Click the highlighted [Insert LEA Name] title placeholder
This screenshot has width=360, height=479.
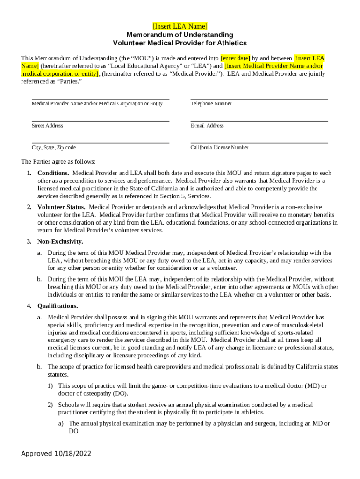pos(180,26)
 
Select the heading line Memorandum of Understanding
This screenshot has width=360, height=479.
pos(180,35)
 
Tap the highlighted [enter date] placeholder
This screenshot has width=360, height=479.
pos(235,58)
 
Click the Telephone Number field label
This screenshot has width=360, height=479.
pos(211,103)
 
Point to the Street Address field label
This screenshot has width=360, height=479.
pos(47,126)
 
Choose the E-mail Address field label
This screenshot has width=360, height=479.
pos(207,126)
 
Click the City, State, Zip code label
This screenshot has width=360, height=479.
pos(53,148)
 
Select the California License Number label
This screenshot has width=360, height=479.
pos(219,148)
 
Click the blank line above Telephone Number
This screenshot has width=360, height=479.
pos(259,99)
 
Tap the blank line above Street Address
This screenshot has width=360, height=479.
pos(100,121)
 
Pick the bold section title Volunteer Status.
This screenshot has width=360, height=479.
pos(61,207)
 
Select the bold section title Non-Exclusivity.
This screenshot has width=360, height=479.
pos(60,241)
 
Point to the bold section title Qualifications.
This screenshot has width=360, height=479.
pos(58,306)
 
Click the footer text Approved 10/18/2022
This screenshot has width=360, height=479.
pos(56,454)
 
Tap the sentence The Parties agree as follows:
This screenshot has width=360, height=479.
pos(58,162)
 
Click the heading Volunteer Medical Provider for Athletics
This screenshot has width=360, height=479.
pos(180,43)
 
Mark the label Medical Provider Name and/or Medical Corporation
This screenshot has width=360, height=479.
pos(97,103)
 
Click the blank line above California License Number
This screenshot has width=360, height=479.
pos(259,143)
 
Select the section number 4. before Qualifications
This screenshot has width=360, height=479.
pos(29,306)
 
